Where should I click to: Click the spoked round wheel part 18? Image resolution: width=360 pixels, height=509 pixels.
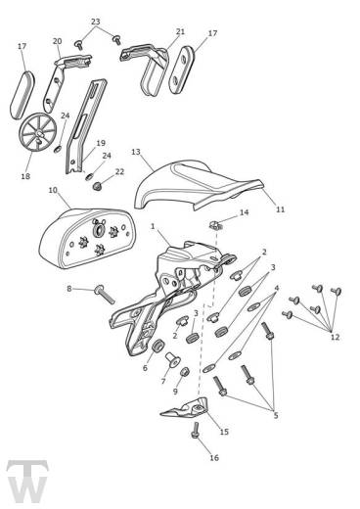click(37, 132)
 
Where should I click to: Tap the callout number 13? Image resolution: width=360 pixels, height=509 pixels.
click(136, 152)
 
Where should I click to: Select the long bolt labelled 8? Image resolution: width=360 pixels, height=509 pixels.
click(105, 294)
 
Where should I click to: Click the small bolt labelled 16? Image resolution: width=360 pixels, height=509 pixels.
click(196, 431)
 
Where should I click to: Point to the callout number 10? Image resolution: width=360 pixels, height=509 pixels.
click(53, 190)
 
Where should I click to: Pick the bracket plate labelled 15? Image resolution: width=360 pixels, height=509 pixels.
click(185, 407)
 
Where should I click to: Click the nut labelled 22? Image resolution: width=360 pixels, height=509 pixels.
click(96, 186)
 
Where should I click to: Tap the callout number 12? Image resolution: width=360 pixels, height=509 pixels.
click(335, 337)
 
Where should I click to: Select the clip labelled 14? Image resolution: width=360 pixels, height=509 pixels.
click(215, 224)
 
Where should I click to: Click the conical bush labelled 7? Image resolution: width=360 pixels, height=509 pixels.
click(173, 359)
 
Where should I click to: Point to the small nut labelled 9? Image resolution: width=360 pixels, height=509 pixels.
click(185, 371)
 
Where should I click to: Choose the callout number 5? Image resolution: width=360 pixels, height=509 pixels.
click(276, 415)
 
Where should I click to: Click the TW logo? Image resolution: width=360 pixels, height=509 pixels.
click(27, 482)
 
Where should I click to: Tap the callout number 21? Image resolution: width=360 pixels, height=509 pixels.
click(180, 31)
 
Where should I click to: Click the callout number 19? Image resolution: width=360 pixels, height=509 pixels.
click(101, 143)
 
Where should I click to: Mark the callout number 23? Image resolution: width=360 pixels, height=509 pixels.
click(95, 22)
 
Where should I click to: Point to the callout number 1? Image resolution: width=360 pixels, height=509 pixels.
click(153, 226)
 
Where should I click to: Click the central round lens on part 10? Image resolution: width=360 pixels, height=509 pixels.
click(98, 231)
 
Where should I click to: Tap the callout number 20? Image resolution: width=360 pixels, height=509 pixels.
click(57, 41)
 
